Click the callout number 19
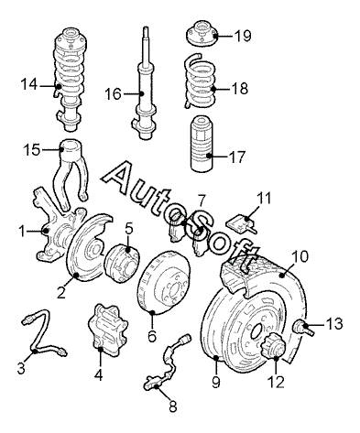(x=243, y=36)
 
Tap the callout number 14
(x=29, y=84)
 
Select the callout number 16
(x=113, y=93)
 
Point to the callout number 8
(x=173, y=406)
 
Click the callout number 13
(x=334, y=324)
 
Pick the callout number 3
(x=21, y=368)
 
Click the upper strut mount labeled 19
(x=202, y=34)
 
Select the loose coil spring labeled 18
(x=201, y=81)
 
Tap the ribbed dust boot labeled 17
(x=202, y=144)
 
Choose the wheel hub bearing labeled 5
(x=121, y=263)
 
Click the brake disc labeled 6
(x=164, y=282)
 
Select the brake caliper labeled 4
(x=107, y=330)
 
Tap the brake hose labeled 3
(x=44, y=334)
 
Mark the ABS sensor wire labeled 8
(x=168, y=363)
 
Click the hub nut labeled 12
(x=273, y=347)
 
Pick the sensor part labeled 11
(x=241, y=224)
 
